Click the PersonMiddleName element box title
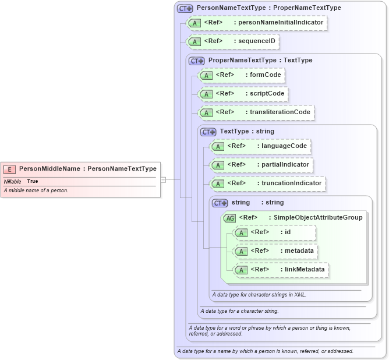pos(87,169)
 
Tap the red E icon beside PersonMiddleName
pos(10,169)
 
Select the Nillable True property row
pos(21,181)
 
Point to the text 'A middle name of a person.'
pos(36,190)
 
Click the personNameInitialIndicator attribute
pos(256,23)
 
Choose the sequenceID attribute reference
pos(233,41)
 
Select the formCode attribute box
pos(242,75)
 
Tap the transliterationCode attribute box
pos(257,112)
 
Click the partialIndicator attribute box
pos(262,165)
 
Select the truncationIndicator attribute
pos(268,183)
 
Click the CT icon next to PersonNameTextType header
pos(185,8)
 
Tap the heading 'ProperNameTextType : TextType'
pos(260,60)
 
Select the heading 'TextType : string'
pos(246,132)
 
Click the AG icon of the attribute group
pos(230,218)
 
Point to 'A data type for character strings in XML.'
pos(259,295)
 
